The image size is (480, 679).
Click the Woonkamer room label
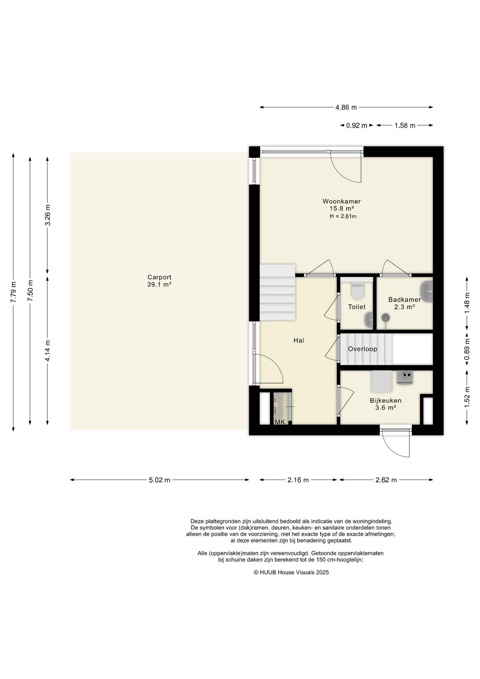click(341, 201)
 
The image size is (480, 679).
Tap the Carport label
click(159, 277)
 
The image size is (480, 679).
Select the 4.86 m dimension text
click(346, 108)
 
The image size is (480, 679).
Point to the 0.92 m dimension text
click(357, 126)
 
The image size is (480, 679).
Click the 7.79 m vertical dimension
click(13, 292)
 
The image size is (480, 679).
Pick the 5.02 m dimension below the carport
click(159, 480)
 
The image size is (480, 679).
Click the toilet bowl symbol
click(358, 290)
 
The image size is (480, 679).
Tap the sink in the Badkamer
click(427, 291)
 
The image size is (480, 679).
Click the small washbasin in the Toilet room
click(369, 320)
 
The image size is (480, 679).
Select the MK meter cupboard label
click(280, 422)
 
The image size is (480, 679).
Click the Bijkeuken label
click(386, 401)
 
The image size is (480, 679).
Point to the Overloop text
click(363, 349)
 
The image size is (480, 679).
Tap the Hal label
click(299, 341)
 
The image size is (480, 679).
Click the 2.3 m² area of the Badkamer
click(404, 307)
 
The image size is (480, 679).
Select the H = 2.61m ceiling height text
click(343, 216)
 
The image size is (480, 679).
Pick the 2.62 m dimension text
click(386, 480)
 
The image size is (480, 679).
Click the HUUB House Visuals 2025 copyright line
click(291, 572)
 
